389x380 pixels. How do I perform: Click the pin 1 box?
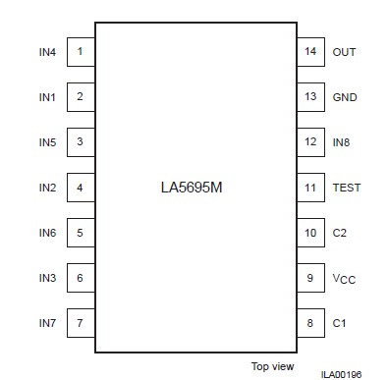click(x=80, y=51)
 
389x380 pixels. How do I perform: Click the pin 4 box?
click(x=80, y=188)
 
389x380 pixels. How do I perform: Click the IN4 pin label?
click(x=48, y=51)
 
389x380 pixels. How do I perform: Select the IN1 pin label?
click(x=48, y=97)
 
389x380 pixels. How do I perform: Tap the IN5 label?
click(x=48, y=142)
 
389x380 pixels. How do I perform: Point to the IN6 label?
click(x=48, y=233)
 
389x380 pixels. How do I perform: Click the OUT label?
click(x=344, y=51)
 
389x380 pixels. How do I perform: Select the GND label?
click(x=344, y=97)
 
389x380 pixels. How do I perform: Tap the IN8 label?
click(x=342, y=142)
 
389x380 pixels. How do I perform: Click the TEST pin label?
click(x=347, y=188)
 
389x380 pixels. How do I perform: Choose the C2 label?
click(x=340, y=233)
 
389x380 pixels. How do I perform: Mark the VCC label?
click(x=343, y=279)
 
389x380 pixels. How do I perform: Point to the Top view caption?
click(x=272, y=365)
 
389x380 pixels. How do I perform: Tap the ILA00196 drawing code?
click(x=340, y=374)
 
